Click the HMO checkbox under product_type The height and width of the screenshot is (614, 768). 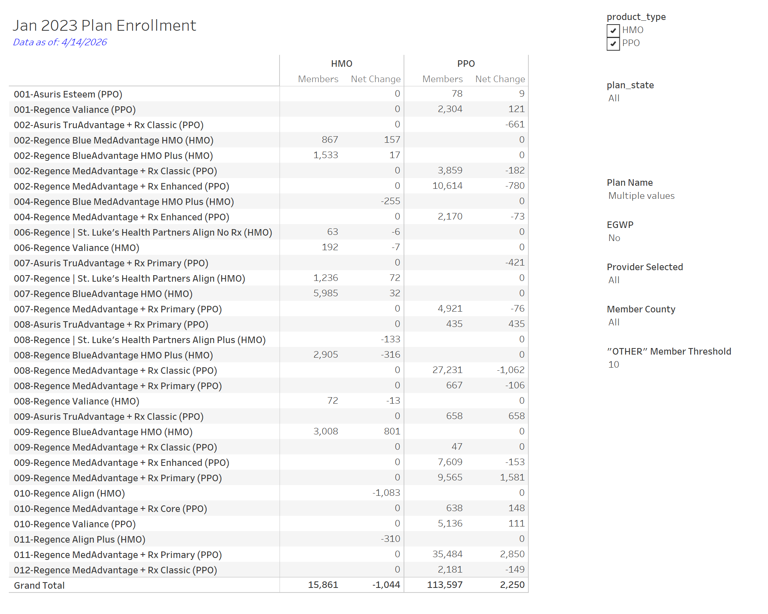click(613, 30)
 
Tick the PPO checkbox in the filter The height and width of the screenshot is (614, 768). click(613, 43)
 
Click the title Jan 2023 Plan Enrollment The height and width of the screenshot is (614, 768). click(104, 26)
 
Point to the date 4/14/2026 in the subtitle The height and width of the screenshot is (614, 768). click(84, 42)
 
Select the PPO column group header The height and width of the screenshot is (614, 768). click(466, 64)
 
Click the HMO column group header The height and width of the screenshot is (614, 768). click(341, 64)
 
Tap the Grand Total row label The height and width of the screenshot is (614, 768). click(39, 585)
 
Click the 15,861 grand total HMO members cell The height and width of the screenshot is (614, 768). click(323, 585)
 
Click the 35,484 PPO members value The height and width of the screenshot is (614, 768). click(447, 554)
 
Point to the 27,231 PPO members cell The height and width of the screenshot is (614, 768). click(447, 370)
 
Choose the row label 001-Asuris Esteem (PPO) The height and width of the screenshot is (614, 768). click(68, 94)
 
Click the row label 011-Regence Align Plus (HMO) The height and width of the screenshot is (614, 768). click(79, 540)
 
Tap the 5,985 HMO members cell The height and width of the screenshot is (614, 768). click(326, 293)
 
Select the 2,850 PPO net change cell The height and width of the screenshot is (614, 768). click(512, 554)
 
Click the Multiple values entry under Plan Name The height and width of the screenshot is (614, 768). click(641, 196)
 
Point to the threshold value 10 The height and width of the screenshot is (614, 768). click(614, 365)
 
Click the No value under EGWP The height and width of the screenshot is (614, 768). click(614, 238)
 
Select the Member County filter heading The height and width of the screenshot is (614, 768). click(641, 309)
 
